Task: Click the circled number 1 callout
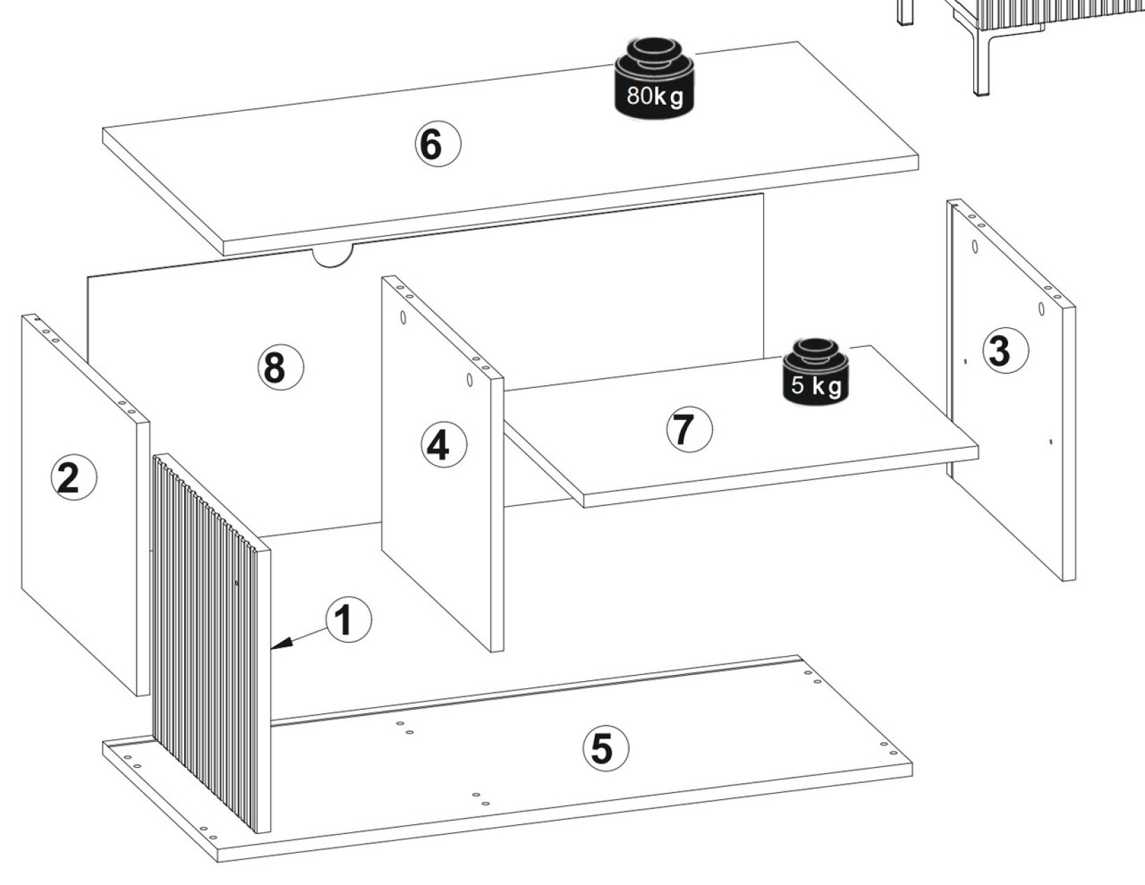pyautogui.click(x=348, y=620)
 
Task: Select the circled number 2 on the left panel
pyautogui.click(x=74, y=477)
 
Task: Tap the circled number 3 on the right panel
pyautogui.click(x=1005, y=350)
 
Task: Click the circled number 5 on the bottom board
pyautogui.click(x=605, y=748)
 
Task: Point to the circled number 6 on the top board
pyautogui.click(x=438, y=144)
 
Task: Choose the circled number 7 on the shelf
pyautogui.click(x=689, y=429)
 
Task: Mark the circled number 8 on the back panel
pyautogui.click(x=281, y=367)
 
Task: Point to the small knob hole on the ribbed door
pyautogui.click(x=237, y=583)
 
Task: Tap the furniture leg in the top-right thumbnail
pyautogui.click(x=980, y=58)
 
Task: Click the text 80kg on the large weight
pyautogui.click(x=655, y=96)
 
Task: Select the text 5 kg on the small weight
pyautogui.click(x=816, y=386)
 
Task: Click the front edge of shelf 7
pyautogui.click(x=781, y=477)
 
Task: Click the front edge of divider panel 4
pyautogui.click(x=497, y=514)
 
